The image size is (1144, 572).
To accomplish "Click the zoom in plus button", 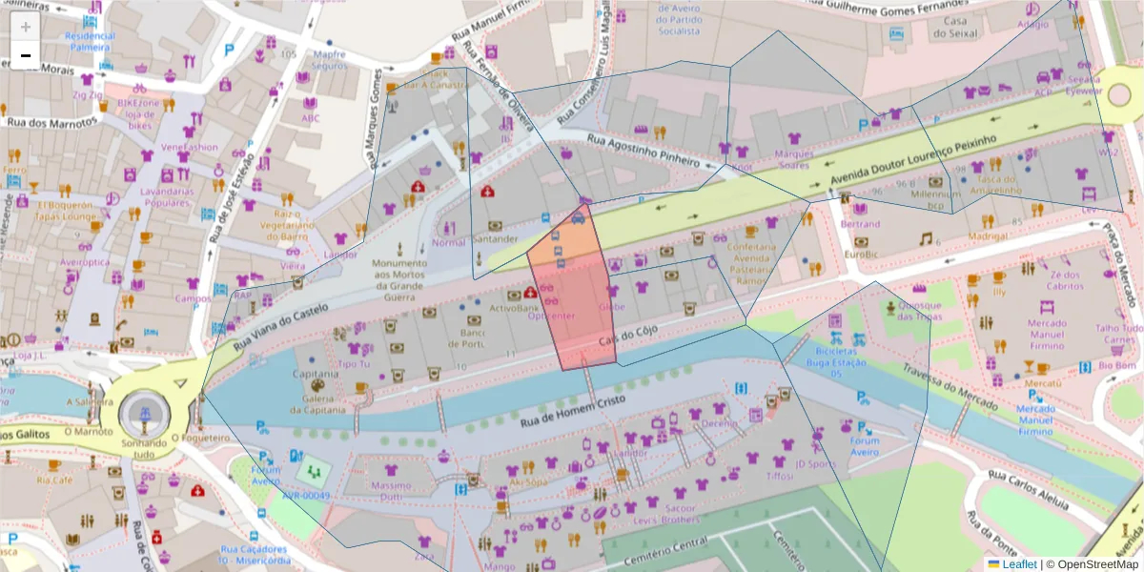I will [26, 27].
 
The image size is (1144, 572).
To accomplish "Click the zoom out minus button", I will [26, 55].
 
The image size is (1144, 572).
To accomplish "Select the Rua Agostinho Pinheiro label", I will [643, 149].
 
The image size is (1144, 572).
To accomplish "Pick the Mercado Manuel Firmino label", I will [1047, 335].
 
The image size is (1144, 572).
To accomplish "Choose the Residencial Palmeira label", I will [90, 41].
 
